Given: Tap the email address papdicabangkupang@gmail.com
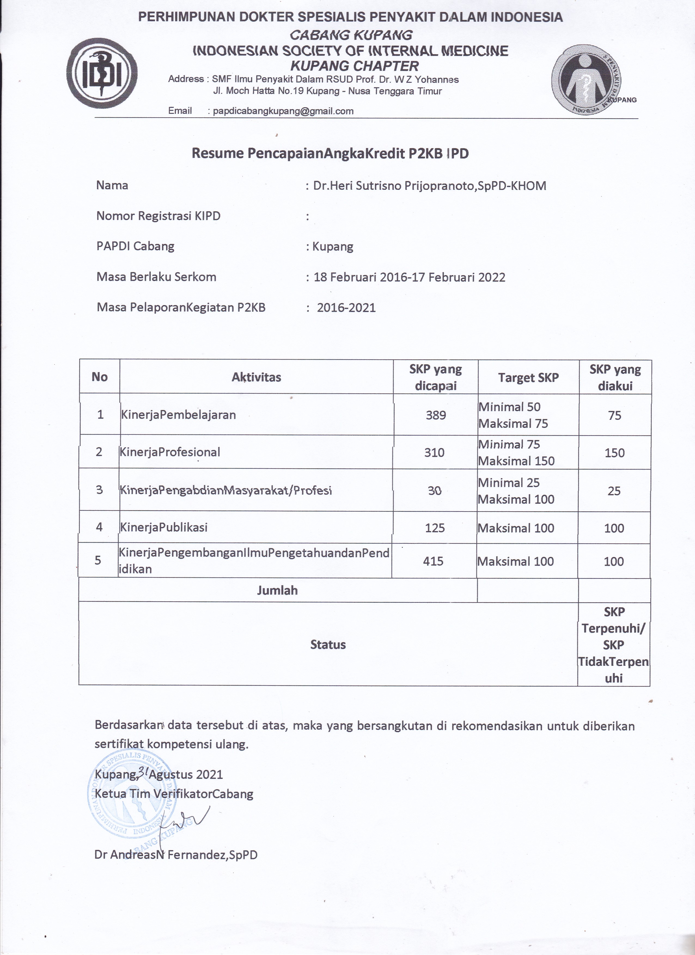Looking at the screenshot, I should pyautogui.click(x=283, y=111).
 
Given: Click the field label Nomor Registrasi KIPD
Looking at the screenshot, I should pyautogui.click(x=158, y=216).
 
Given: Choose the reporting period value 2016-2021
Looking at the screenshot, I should pyautogui.click(x=346, y=308).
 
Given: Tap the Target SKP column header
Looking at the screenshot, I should pyautogui.click(x=528, y=378).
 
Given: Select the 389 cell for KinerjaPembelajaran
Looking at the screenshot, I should pyautogui.click(x=435, y=415).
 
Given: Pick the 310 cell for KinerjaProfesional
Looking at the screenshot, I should pyautogui.click(x=434, y=453).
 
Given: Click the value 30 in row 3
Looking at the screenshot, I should pyautogui.click(x=434, y=491).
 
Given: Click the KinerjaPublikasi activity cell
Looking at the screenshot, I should pyautogui.click(x=164, y=528).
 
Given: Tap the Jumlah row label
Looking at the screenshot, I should pyautogui.click(x=277, y=590).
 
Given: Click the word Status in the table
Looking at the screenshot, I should pyautogui.click(x=328, y=645).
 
